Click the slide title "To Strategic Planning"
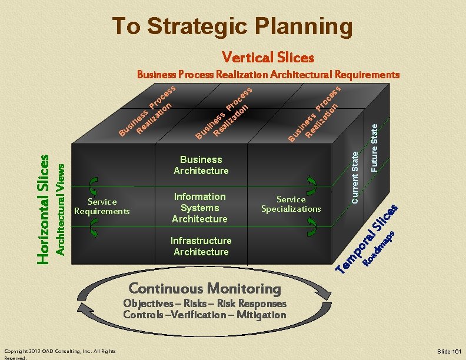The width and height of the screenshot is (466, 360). point(232,26)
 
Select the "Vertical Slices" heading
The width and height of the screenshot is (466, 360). point(268,58)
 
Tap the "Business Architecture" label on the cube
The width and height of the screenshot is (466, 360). point(201,165)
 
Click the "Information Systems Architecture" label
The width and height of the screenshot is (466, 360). point(199,208)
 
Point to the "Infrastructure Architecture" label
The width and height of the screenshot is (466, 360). point(201,246)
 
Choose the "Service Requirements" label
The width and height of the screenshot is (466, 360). point(102,206)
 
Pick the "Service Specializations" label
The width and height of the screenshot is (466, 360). point(291,204)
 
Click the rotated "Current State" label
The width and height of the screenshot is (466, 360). point(355,176)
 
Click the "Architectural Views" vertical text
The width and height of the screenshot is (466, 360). point(59,209)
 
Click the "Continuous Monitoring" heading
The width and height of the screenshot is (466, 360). point(204,288)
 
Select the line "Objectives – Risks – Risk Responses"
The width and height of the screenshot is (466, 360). point(204,304)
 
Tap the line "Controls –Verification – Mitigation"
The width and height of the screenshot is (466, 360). point(204,315)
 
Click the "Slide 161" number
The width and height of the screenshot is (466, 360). point(449,351)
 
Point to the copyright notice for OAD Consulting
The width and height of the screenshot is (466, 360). point(59,353)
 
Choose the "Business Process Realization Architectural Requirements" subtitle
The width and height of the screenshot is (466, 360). point(268,75)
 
